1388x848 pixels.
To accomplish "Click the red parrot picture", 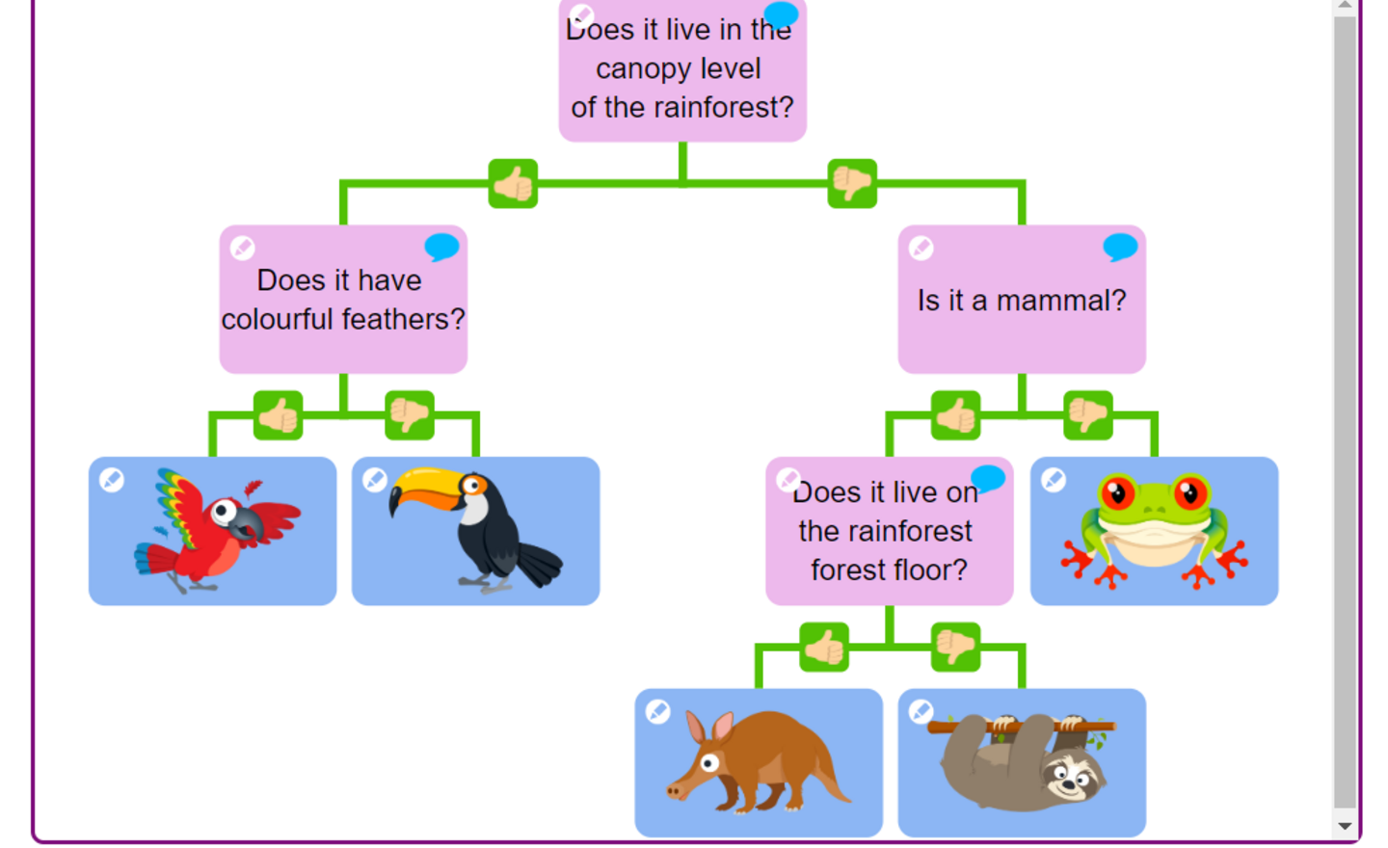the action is (217, 531).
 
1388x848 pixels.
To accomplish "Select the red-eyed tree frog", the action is (1154, 530).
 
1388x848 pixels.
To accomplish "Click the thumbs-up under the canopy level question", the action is (513, 184).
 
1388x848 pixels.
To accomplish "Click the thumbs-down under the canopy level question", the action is (852, 184).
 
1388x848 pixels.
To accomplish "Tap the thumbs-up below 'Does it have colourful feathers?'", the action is (279, 415).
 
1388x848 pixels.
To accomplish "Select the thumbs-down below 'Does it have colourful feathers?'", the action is (410, 415).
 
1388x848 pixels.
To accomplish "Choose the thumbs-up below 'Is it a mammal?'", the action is (955, 415).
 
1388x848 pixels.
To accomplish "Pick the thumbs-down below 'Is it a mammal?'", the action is (1088, 415).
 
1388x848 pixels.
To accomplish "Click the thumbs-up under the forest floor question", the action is (824, 648).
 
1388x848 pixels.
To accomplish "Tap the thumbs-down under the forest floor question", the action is (955, 648).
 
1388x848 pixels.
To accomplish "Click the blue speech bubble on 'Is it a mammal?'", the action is (1120, 247).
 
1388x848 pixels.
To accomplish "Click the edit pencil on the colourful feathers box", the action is (242, 248).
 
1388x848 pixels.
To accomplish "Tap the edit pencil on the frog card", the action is (1054, 480).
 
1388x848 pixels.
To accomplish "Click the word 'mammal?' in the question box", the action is (1061, 301).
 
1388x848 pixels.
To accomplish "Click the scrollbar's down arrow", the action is (1346, 826).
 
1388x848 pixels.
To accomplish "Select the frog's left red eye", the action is (1116, 493).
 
